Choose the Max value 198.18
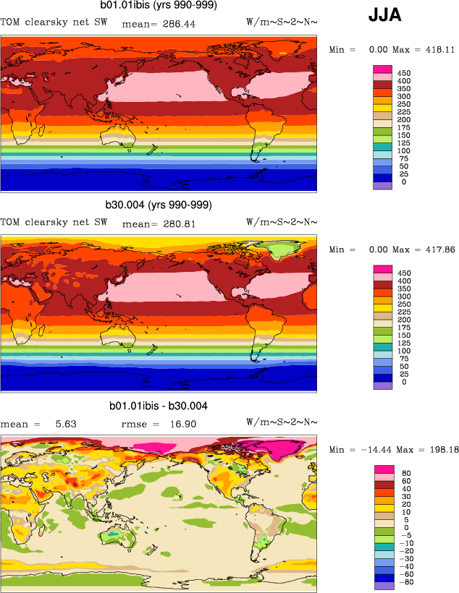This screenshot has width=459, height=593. pyautogui.click(x=438, y=451)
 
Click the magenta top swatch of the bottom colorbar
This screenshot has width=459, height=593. pyautogui.click(x=383, y=470)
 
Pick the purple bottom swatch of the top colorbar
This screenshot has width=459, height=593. pyautogui.click(x=383, y=186)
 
